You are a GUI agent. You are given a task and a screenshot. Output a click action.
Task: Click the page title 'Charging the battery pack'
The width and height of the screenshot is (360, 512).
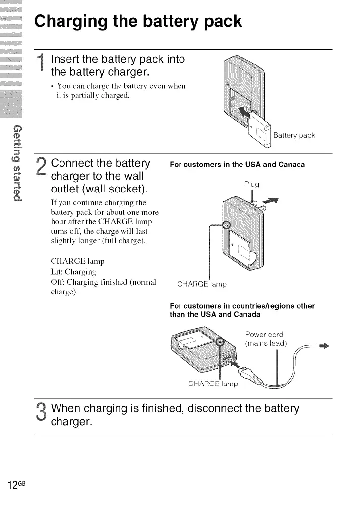point(138,22)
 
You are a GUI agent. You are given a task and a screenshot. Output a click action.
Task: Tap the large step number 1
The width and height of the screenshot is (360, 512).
point(43,67)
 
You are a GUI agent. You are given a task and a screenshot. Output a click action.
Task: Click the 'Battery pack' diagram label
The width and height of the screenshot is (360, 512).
point(294,135)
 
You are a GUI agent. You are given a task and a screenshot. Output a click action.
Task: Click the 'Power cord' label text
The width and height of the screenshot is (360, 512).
point(264,334)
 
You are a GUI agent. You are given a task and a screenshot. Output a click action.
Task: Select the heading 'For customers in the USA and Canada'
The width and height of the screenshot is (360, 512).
point(237,164)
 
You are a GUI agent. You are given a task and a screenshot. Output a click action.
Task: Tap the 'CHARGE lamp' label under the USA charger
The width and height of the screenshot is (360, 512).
point(202,285)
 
